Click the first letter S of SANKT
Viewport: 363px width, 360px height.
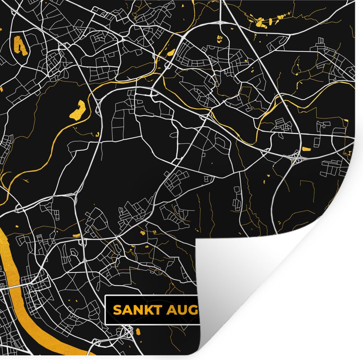click(x=117, y=310)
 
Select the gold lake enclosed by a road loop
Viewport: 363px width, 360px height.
click(x=20, y=46)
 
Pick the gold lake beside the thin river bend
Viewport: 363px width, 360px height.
click(x=78, y=109)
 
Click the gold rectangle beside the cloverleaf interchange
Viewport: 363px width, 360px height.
click(x=306, y=148)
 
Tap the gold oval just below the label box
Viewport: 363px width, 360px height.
click(x=138, y=332)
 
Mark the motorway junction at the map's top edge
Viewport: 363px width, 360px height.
click(x=221, y=22)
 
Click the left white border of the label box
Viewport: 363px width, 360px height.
click(x=106, y=310)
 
